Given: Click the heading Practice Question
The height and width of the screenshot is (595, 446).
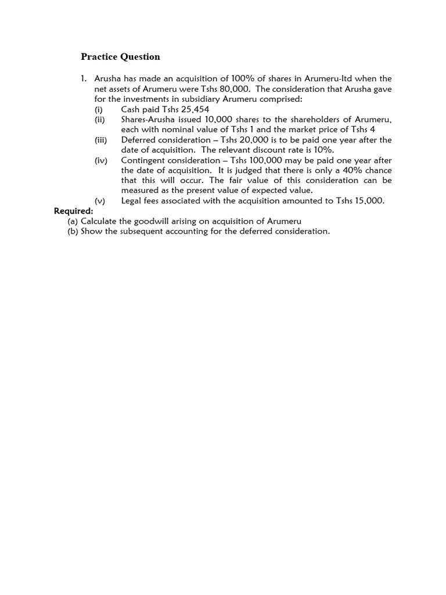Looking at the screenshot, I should [x=120, y=57].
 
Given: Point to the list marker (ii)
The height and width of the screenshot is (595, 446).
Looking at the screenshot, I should [x=100, y=120].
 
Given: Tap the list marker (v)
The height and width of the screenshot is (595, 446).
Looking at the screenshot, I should [x=100, y=201].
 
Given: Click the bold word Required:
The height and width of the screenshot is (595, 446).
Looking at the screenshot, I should [x=73, y=211].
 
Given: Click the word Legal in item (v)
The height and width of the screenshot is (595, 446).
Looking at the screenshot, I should [x=132, y=201].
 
